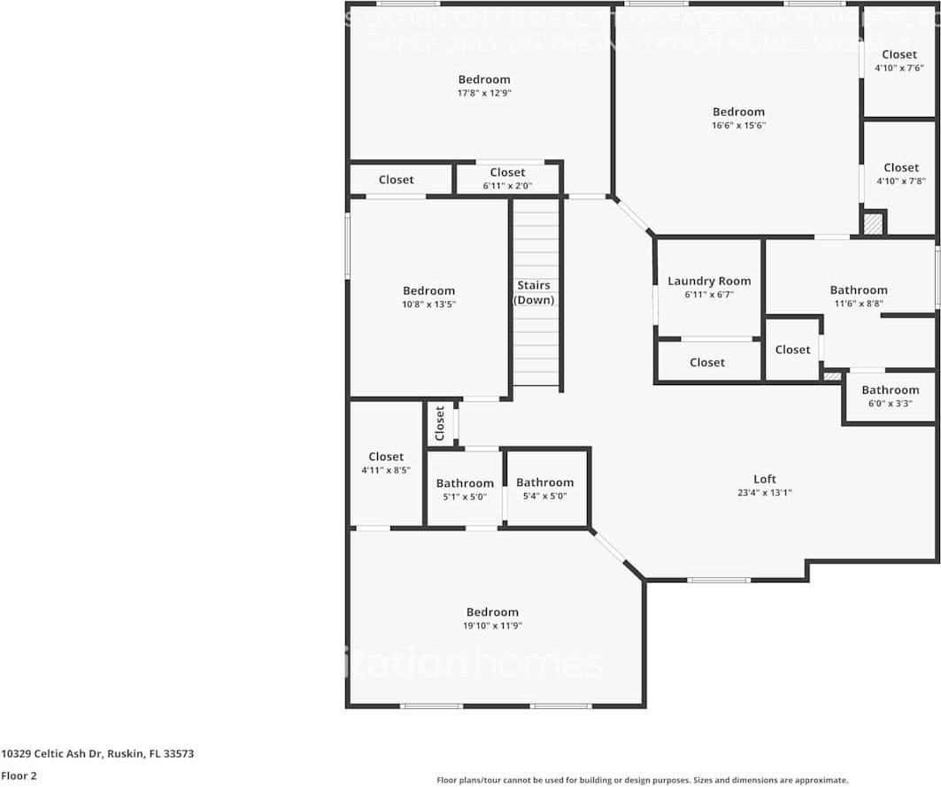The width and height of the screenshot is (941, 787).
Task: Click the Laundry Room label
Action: pyautogui.click(x=709, y=281)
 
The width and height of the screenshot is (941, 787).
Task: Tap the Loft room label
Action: pyautogui.click(x=765, y=479)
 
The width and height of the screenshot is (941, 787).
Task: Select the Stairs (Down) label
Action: pyautogui.click(x=534, y=292)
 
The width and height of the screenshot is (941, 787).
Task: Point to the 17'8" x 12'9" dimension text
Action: pyautogui.click(x=484, y=93)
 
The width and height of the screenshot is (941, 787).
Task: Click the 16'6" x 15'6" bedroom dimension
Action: pyautogui.click(x=738, y=126)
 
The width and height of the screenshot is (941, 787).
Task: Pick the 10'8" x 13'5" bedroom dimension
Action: pyautogui.click(x=428, y=305)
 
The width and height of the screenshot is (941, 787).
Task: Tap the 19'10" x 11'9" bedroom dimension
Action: pyautogui.click(x=492, y=626)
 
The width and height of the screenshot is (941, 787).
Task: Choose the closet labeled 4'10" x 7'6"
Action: pyautogui.click(x=899, y=60)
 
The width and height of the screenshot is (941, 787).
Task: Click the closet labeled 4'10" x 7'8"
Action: pyautogui.click(x=900, y=174)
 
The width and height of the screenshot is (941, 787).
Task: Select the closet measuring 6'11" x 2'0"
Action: pyautogui.click(x=507, y=179)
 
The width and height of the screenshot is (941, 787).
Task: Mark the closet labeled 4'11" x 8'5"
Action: pyautogui.click(x=386, y=463)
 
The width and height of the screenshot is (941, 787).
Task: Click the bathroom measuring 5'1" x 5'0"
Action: pyautogui.click(x=465, y=490)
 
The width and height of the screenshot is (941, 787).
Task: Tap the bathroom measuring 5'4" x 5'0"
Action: pyautogui.click(x=544, y=490)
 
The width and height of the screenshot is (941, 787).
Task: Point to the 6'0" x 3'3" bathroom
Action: pyautogui.click(x=890, y=396)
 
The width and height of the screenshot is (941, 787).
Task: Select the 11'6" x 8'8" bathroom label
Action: pyautogui.click(x=858, y=296)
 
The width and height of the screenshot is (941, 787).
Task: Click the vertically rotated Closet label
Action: pyautogui.click(x=440, y=424)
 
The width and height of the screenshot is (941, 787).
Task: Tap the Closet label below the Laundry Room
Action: pyautogui.click(x=707, y=362)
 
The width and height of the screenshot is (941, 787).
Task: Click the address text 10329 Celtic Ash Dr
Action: pyautogui.click(x=97, y=754)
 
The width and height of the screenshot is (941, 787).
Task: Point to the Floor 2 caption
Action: pyautogui.click(x=18, y=775)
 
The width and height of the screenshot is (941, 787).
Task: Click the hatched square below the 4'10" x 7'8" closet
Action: pyautogui.click(x=873, y=224)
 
